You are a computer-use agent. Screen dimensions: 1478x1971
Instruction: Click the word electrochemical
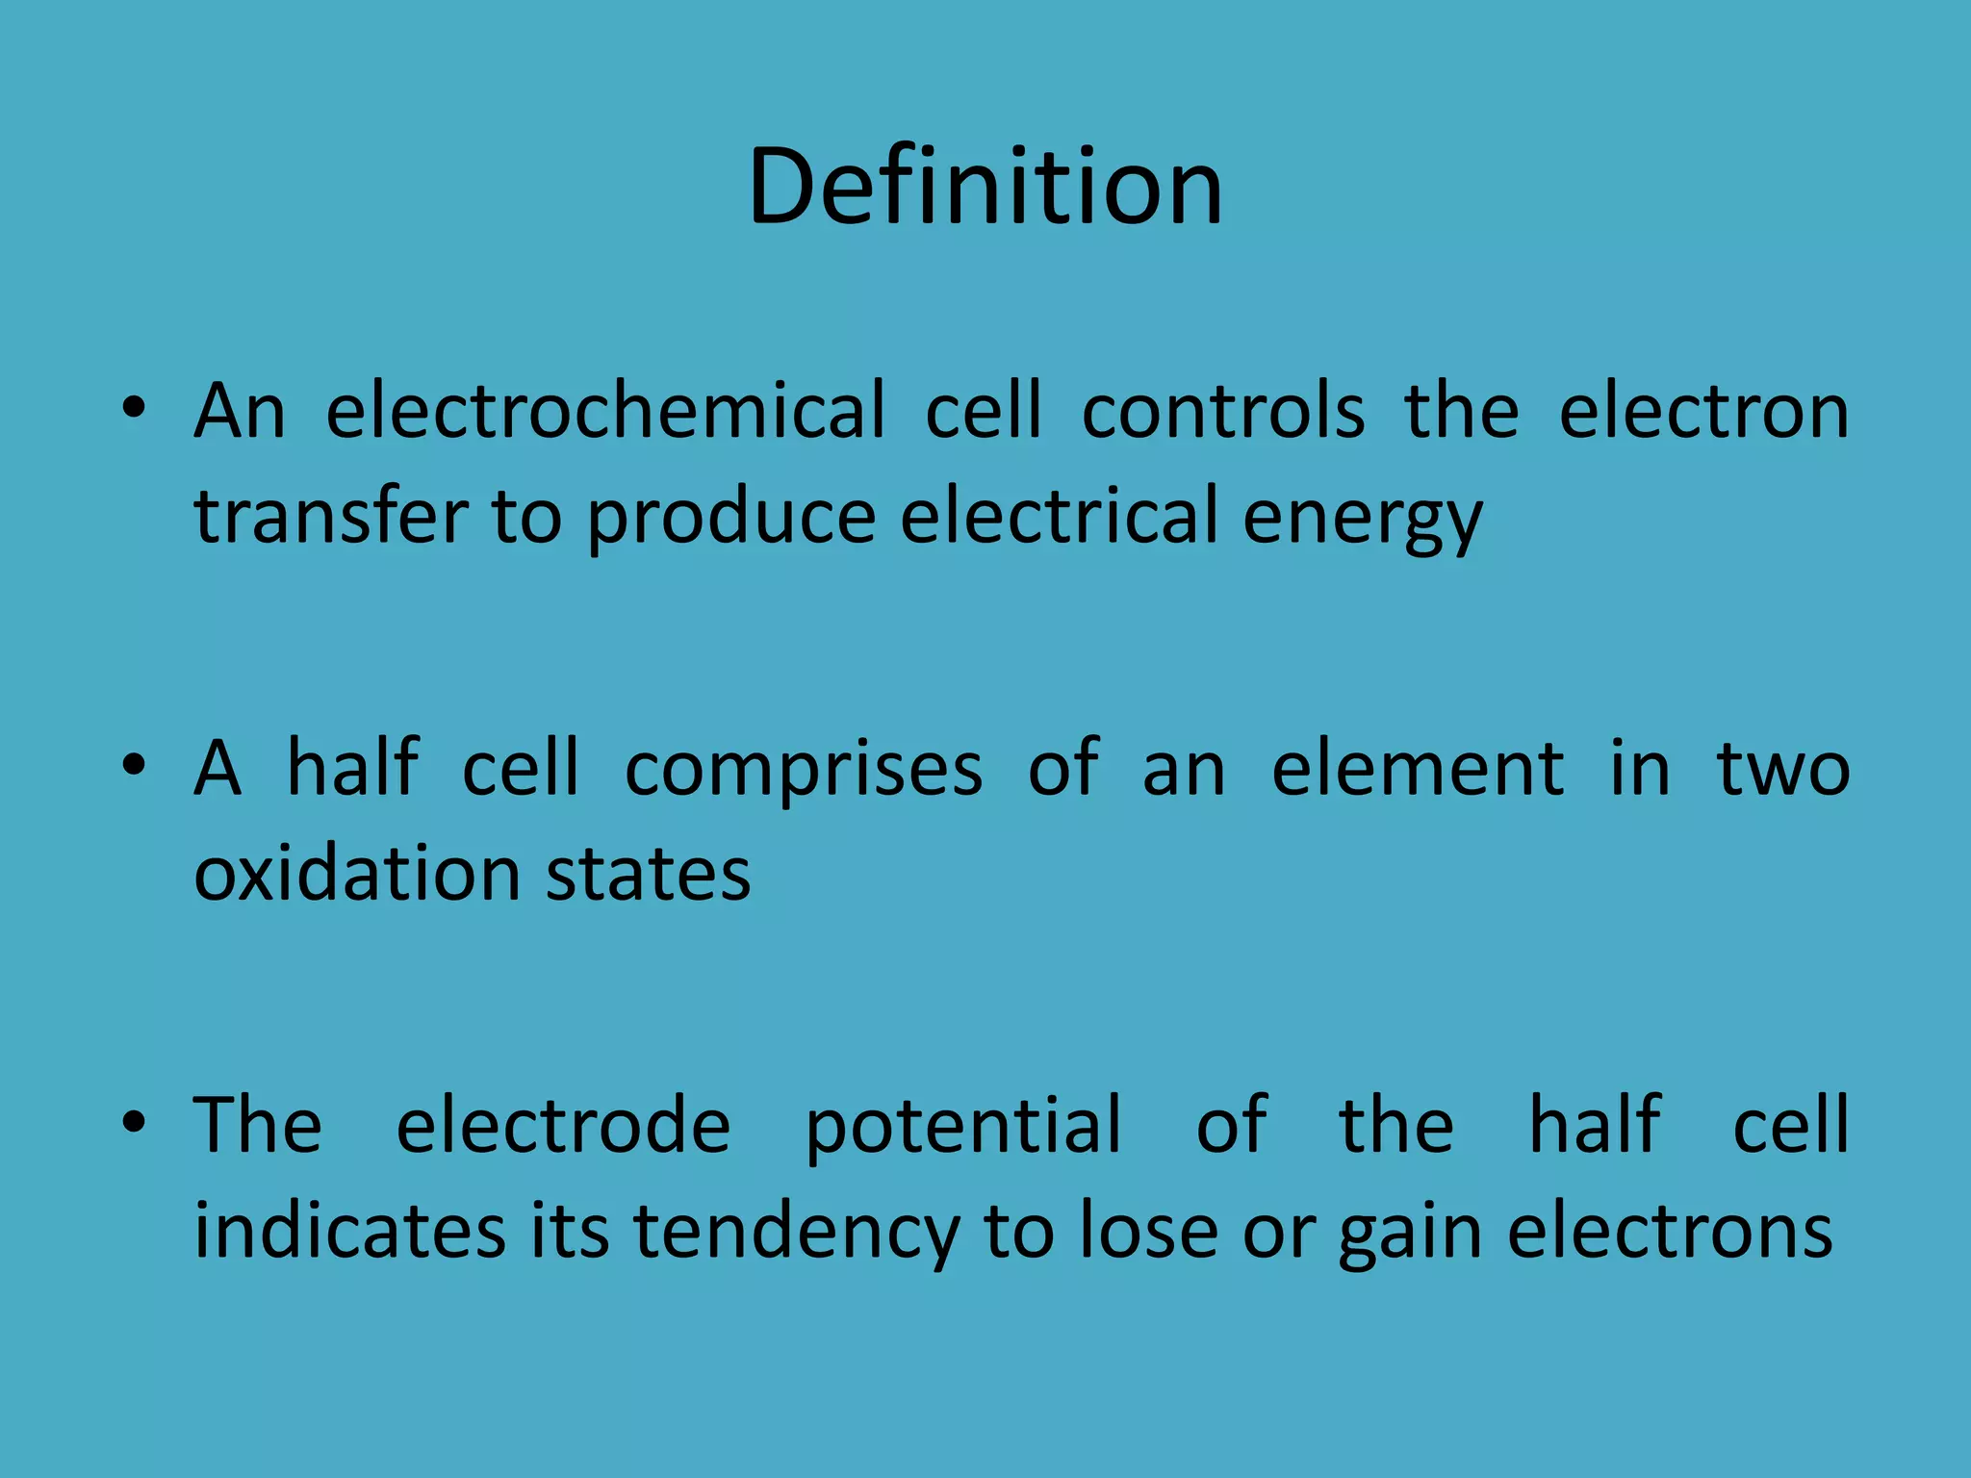tap(605, 412)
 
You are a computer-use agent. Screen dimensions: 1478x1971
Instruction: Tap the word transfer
tap(331, 517)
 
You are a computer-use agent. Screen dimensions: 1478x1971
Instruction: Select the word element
tap(1418, 770)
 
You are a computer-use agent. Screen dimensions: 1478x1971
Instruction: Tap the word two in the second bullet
tap(1783, 770)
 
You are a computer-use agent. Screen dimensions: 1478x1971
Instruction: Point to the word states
tap(648, 876)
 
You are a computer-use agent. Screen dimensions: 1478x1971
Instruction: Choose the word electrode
tap(564, 1125)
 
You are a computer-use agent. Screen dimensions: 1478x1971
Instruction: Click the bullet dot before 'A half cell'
tap(134, 766)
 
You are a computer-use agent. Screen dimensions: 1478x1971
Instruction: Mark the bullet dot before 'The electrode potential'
tap(134, 1122)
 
